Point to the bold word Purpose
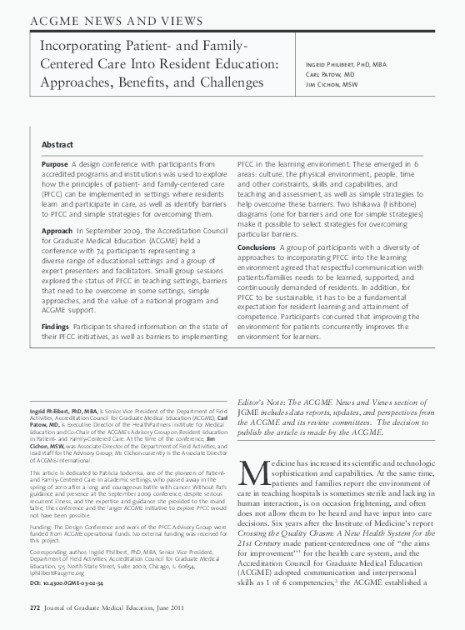55,165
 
